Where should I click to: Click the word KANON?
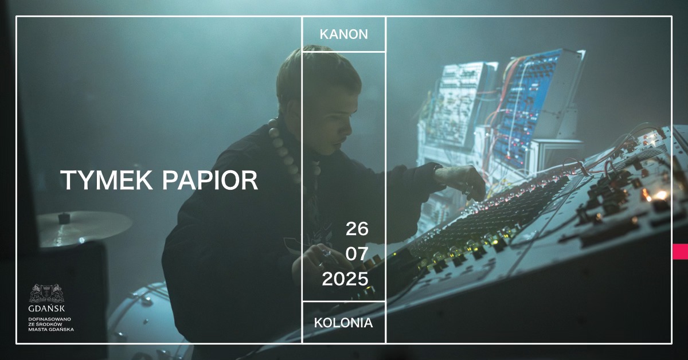tap(343, 34)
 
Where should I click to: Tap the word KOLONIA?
tap(343, 323)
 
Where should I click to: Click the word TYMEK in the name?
tap(107, 180)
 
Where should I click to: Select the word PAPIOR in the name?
tap(210, 180)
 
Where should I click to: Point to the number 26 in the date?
tap(357, 229)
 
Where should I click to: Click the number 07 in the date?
tap(357, 254)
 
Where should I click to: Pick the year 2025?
tap(345, 279)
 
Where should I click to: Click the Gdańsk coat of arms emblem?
tap(46, 293)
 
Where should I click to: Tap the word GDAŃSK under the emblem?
tap(46, 308)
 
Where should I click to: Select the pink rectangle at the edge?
tap(680, 252)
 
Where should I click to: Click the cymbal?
tap(84, 228)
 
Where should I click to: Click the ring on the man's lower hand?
tap(326, 253)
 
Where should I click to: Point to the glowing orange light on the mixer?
tap(660, 195)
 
